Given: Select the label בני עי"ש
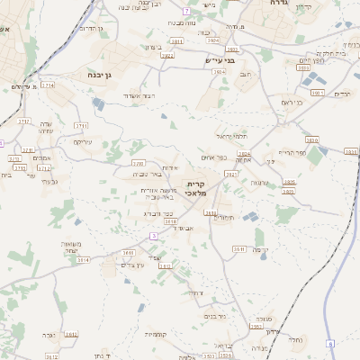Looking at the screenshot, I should (x=220, y=61).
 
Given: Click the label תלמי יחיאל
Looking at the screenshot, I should (x=231, y=136).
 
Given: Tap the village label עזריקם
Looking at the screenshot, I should (x=82, y=141).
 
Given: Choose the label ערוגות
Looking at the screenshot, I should (x=260, y=183).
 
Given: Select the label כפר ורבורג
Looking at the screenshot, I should (x=158, y=213).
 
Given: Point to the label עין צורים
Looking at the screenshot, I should (x=132, y=265).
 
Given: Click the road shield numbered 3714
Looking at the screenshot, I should (x=47, y=85).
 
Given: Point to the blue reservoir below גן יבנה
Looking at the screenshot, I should (x=97, y=104).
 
